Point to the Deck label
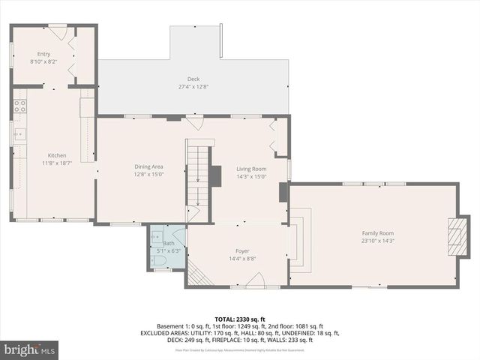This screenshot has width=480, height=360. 193,79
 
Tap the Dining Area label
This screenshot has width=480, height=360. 148,166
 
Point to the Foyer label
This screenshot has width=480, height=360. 242,250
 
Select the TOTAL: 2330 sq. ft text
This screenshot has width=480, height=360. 240,319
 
